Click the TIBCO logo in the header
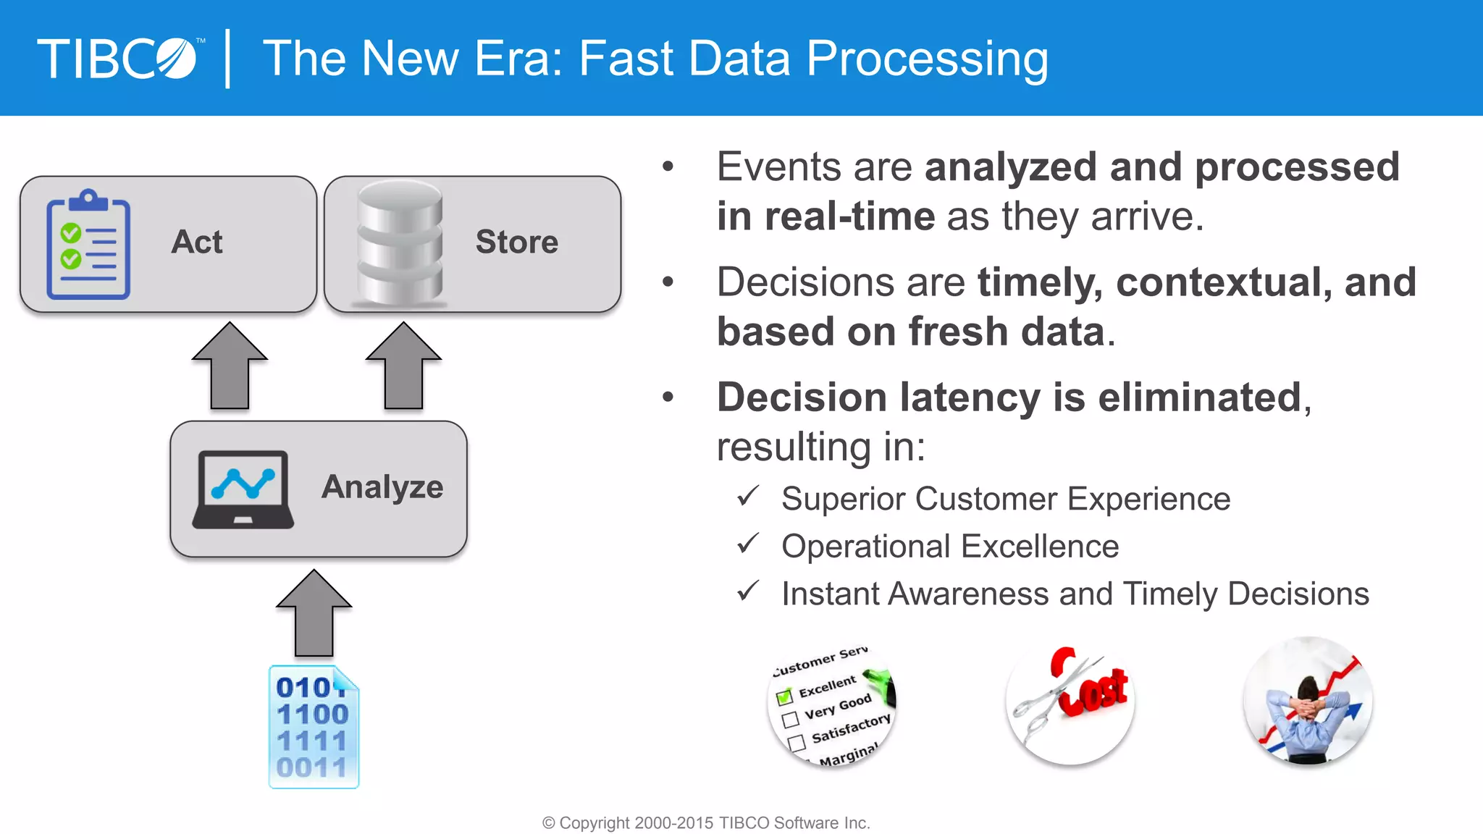(119, 58)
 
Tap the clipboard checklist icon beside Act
(88, 245)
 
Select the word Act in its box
(197, 242)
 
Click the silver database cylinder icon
(400, 243)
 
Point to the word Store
(516, 242)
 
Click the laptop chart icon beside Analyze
(243, 489)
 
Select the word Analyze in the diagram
(382, 486)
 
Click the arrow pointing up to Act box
(230, 366)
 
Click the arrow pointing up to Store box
(403, 366)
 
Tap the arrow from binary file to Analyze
(314, 613)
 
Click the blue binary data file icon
(314, 727)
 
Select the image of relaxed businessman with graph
(1308, 701)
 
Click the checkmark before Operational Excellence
(747, 544)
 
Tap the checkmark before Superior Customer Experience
(747, 496)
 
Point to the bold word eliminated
(1199, 397)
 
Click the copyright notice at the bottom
(706, 823)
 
